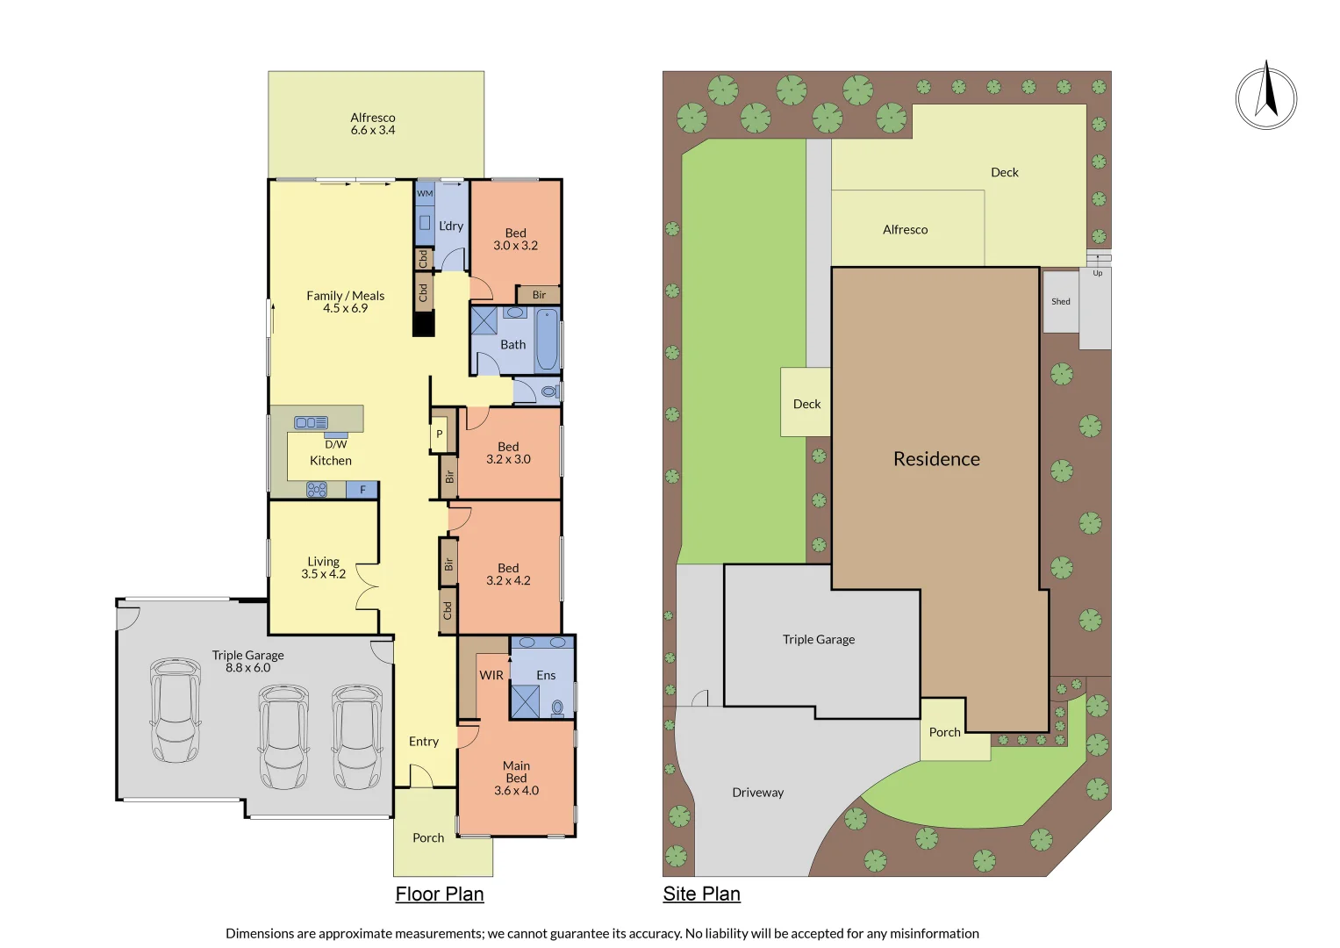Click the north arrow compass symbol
point(1265,97)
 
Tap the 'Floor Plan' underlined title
point(439,894)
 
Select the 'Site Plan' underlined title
point(701,894)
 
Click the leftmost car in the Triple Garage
point(175,710)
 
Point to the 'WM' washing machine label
point(425,193)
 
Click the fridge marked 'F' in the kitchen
point(362,490)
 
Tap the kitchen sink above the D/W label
point(311,422)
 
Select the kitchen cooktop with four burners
point(317,490)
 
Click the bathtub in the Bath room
point(546,338)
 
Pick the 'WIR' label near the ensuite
point(491,675)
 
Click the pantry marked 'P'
point(440,434)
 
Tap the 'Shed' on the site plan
point(1060,301)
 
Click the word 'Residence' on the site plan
point(936,459)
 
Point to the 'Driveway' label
point(757,793)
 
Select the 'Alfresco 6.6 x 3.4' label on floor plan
point(373,124)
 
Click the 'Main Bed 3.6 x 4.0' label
point(516,778)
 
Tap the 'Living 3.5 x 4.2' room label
point(323,567)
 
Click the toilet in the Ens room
point(557,707)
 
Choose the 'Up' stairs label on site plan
point(1097,273)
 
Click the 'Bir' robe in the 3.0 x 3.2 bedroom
point(539,295)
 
